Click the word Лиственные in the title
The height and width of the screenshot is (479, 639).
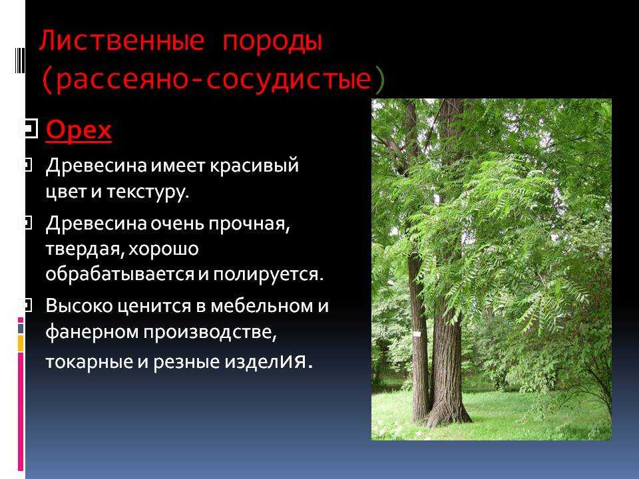pyautogui.click(x=121, y=41)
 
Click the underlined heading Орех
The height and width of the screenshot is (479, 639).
pyautogui.click(x=79, y=131)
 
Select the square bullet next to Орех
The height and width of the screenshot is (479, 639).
pyautogui.click(x=29, y=130)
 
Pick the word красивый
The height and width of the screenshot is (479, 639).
pyautogui.click(x=254, y=166)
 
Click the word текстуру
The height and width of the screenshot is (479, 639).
pyautogui.click(x=148, y=192)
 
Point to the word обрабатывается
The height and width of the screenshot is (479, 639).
pyautogui.click(x=120, y=273)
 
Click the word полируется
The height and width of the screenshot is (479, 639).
pyautogui.click(x=268, y=274)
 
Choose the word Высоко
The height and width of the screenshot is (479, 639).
pyautogui.click(x=79, y=305)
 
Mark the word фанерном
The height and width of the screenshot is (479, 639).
pyautogui.click(x=92, y=333)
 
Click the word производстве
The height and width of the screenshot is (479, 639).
pyautogui.click(x=210, y=333)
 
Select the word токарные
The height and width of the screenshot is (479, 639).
pyautogui.click(x=89, y=362)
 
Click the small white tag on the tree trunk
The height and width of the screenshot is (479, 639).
pyautogui.click(x=417, y=334)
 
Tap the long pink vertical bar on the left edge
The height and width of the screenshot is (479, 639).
pyautogui.click(x=21, y=411)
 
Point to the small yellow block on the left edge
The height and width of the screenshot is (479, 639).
pyautogui.click(x=21, y=343)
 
